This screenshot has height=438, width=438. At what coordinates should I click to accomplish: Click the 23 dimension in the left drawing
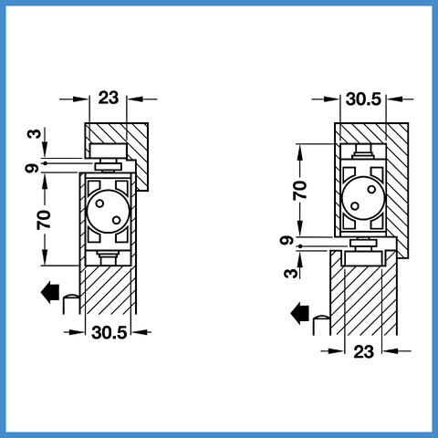click(109, 98)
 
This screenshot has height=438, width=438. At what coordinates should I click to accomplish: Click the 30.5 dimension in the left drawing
click(109, 332)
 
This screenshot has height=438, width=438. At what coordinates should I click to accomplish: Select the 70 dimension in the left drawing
click(44, 220)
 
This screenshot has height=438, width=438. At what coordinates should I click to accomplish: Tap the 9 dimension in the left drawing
click(32, 168)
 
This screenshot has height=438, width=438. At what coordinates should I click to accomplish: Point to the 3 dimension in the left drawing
click(34, 134)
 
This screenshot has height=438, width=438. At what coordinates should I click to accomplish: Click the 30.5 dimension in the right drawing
click(363, 99)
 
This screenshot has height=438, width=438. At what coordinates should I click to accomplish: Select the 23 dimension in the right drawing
click(363, 352)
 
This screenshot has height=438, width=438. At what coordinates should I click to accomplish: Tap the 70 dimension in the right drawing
click(300, 190)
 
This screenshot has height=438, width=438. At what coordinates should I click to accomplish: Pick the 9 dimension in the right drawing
click(287, 241)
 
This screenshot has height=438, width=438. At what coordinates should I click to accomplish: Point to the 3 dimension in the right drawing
click(291, 274)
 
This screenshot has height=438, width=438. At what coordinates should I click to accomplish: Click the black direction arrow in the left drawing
click(50, 292)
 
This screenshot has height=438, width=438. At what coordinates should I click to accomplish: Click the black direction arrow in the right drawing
click(300, 314)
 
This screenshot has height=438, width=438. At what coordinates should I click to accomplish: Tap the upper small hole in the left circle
click(99, 203)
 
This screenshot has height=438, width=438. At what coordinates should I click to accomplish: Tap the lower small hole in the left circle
click(117, 220)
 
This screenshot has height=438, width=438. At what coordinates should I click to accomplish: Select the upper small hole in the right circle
click(371, 189)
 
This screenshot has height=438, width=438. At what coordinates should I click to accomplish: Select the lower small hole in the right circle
click(355, 206)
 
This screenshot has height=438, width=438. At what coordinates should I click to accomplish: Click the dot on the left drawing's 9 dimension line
click(46, 163)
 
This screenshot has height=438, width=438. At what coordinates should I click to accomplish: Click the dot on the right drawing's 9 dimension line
click(300, 246)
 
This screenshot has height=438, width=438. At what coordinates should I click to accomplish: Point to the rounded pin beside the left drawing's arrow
click(71, 304)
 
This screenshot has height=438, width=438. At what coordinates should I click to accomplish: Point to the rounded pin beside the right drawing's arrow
click(321, 326)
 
